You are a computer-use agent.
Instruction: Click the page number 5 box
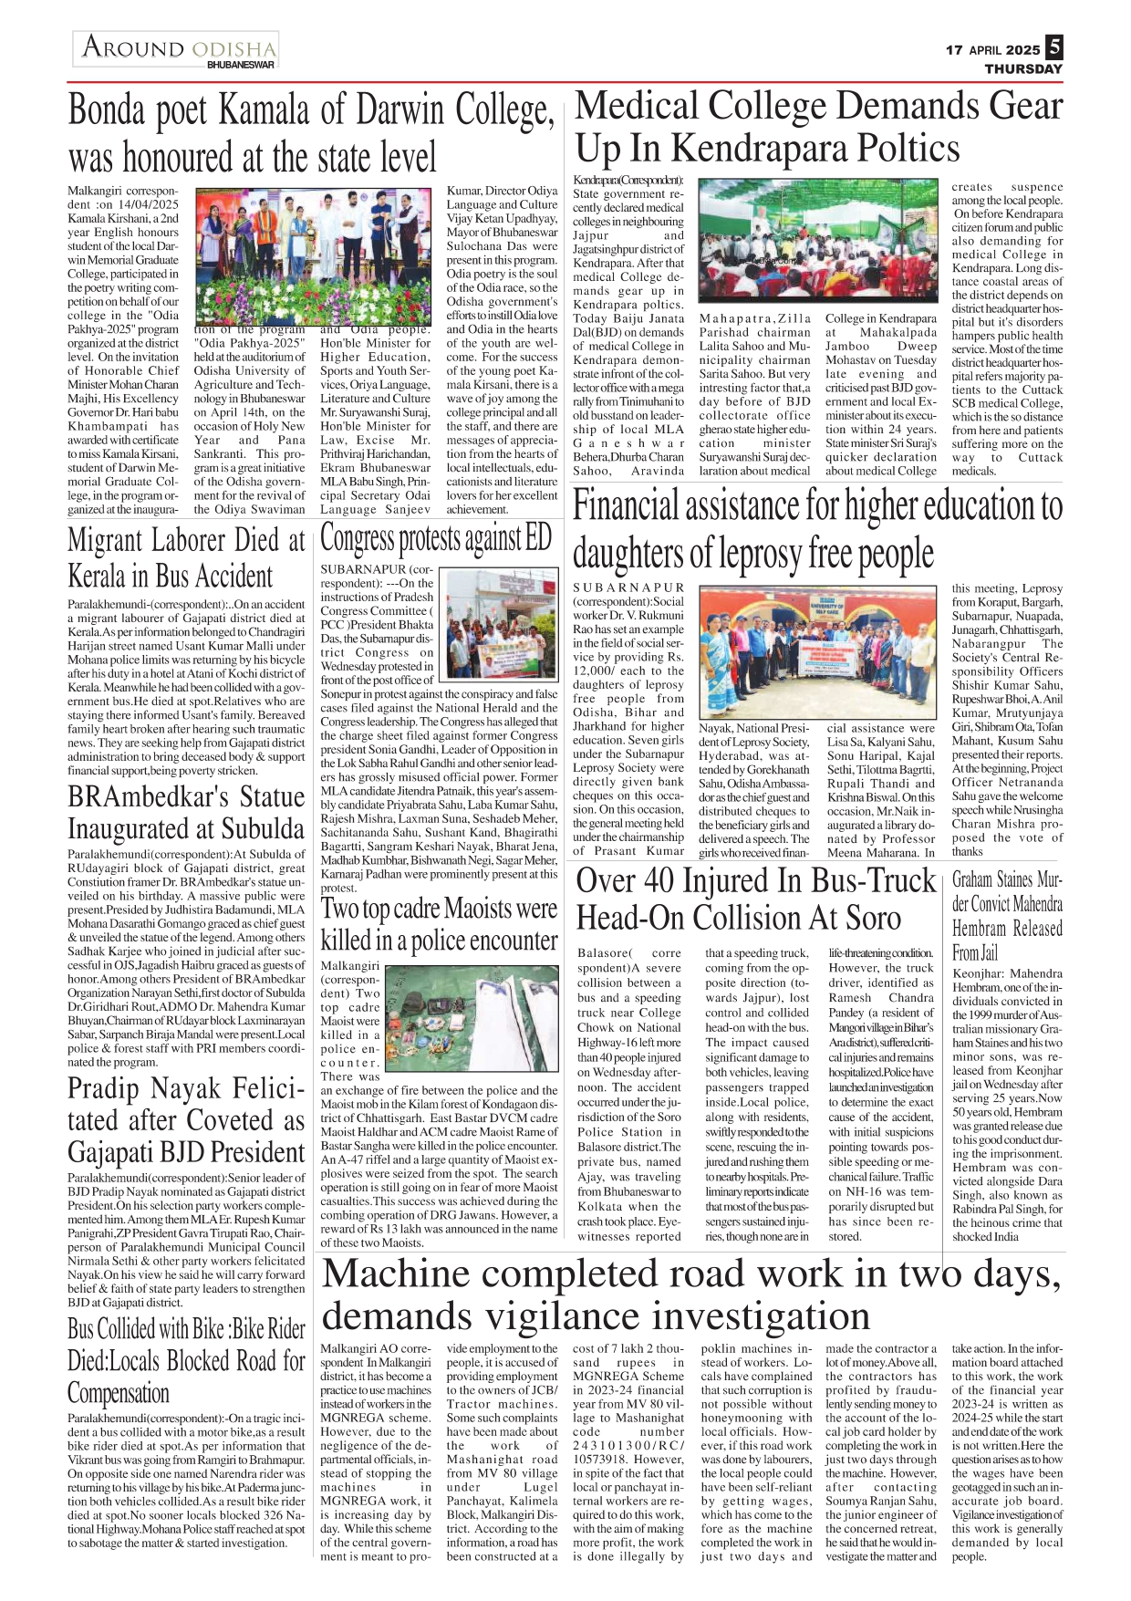pyautogui.click(x=1053, y=47)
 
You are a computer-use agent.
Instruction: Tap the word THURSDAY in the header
pyautogui.click(x=1022, y=69)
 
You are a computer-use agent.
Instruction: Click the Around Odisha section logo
pyautogui.click(x=177, y=49)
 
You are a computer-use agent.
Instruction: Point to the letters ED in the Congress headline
pyautogui.click(x=538, y=539)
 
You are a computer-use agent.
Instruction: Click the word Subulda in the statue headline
pyautogui.click(x=259, y=829)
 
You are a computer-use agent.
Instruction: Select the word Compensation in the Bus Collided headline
pyautogui.click(x=119, y=1393)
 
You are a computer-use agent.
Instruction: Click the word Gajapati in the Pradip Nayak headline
pyautogui.click(x=114, y=1152)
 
